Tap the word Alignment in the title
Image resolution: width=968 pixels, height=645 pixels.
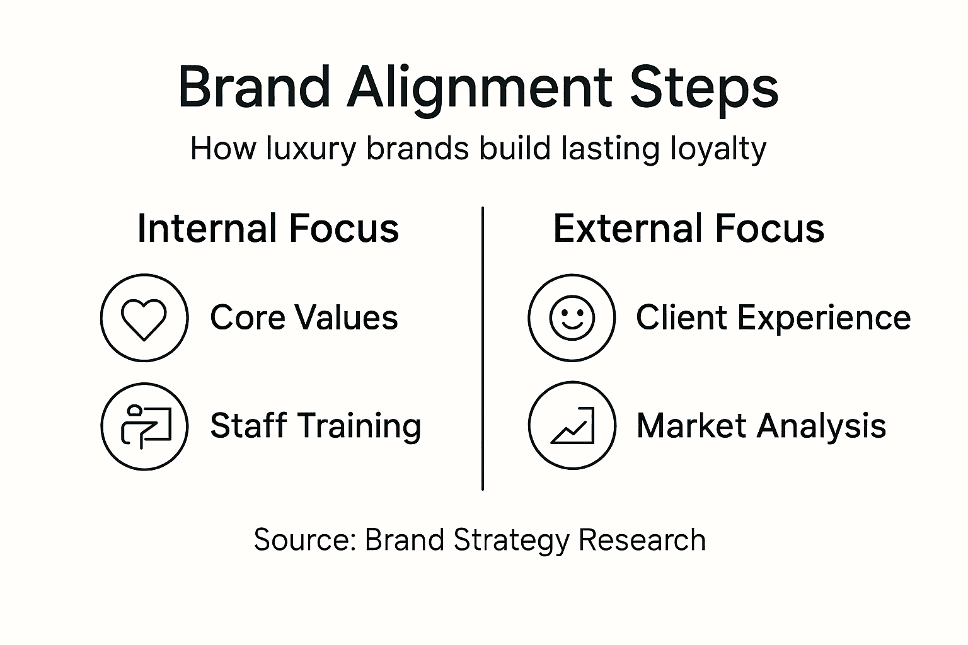tap(479, 88)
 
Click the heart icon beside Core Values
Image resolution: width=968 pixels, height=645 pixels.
tap(144, 318)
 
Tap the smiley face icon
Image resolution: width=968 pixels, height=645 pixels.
tap(572, 317)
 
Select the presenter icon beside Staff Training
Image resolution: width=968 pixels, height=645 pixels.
tap(144, 426)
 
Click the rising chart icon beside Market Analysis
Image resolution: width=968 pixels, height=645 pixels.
tap(572, 426)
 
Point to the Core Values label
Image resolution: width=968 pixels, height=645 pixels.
tap(304, 317)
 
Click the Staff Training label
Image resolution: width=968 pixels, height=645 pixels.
tap(315, 426)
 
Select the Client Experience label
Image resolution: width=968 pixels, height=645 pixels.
tap(773, 317)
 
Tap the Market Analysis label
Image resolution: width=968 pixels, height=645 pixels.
tap(761, 426)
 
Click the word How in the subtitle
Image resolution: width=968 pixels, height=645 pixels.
tap(223, 149)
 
